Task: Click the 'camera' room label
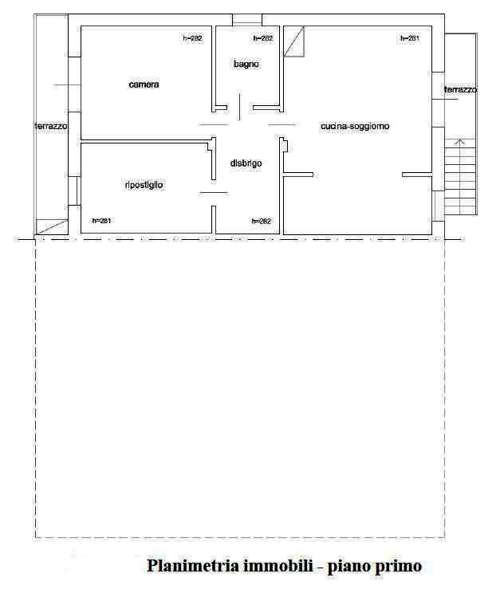tap(144, 84)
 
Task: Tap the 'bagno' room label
tap(246, 64)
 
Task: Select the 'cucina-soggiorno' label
tap(355, 126)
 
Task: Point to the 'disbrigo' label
tap(246, 163)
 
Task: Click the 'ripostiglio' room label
tap(144, 185)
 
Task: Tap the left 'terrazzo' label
tap(51, 126)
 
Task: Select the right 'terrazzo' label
tap(460, 89)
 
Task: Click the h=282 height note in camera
tap(193, 38)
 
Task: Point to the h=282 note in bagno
tap(263, 38)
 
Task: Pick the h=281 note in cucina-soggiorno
tap(410, 38)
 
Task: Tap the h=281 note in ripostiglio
tap(101, 221)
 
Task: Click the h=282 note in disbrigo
tap(262, 221)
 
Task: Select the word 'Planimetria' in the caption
tap(193, 566)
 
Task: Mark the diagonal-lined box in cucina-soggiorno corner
tap(294, 41)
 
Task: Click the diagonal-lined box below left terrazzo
tap(52, 226)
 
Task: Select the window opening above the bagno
tap(247, 20)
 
